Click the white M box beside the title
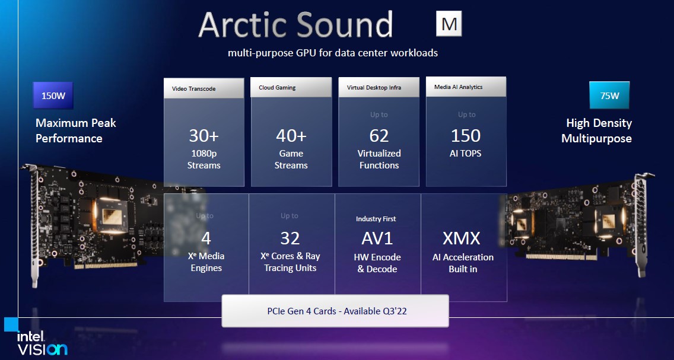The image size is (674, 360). (x=449, y=23)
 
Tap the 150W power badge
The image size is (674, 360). (x=53, y=95)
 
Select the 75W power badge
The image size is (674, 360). (x=609, y=95)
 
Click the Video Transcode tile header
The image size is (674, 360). (x=204, y=88)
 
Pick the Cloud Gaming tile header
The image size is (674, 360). (x=291, y=88)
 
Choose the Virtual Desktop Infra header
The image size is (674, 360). (x=379, y=88)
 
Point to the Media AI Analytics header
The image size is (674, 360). (x=466, y=87)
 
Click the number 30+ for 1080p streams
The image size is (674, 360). (x=204, y=136)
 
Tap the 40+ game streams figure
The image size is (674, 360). (x=291, y=136)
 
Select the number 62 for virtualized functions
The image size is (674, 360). (x=379, y=136)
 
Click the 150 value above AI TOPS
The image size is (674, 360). (x=466, y=136)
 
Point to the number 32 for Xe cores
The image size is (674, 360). (x=290, y=238)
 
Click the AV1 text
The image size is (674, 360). (x=377, y=238)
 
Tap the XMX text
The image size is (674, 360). (x=461, y=238)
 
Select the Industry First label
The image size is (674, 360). (x=376, y=219)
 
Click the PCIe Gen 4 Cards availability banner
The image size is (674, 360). (x=335, y=311)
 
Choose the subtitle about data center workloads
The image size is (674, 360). (x=333, y=53)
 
